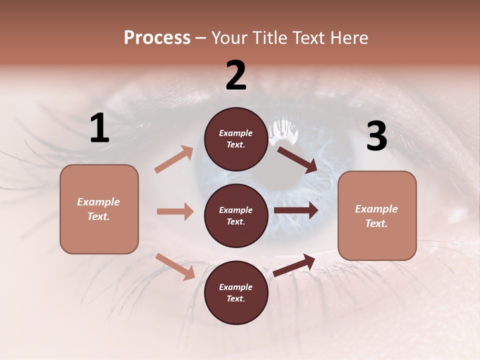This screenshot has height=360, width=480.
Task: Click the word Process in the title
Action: click(157, 38)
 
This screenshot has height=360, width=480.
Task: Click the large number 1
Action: click(99, 128)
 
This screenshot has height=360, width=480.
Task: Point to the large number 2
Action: click(236, 75)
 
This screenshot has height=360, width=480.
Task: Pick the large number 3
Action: click(376, 136)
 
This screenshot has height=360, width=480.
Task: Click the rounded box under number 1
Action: click(99, 209)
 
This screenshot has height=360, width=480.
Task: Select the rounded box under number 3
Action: click(377, 216)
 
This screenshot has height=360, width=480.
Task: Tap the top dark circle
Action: click(236, 139)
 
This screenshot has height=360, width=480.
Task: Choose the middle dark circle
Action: click(236, 216)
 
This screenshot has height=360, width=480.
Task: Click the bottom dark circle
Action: click(236, 293)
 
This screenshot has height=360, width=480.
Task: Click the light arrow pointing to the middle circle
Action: click(175, 211)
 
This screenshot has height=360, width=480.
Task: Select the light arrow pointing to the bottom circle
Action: click(175, 266)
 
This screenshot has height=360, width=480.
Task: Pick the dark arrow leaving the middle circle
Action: click(296, 210)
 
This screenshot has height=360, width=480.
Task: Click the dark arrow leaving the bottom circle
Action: click(294, 265)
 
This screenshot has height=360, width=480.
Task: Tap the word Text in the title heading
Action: click(308, 38)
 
